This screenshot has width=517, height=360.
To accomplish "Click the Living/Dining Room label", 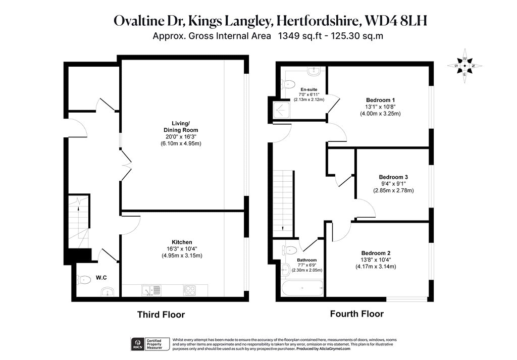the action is click(181, 127).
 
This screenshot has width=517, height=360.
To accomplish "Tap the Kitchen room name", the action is click(182, 242).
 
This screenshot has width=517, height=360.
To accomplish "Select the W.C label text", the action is click(101, 278).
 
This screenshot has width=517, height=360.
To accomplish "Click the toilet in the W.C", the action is click(84, 280).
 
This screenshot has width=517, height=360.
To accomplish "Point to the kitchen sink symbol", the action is click(151, 290).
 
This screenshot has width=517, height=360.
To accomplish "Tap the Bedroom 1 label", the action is click(380, 100).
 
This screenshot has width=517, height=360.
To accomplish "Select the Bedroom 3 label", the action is click(393, 177).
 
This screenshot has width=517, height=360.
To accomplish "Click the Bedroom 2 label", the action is click(376, 253).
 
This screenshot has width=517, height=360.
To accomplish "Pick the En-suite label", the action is click(309, 90).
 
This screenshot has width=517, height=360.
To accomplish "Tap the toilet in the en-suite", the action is click(287, 84).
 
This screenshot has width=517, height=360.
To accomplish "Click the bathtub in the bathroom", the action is click(302, 288).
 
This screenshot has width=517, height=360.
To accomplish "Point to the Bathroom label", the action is click(306, 260).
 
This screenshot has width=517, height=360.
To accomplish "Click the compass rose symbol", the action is click(464, 66).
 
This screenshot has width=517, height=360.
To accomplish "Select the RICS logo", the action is click(137, 344).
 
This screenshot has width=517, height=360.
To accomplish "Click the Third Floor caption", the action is click(161, 315).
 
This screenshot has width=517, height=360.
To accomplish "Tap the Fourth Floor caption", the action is click(357, 314).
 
